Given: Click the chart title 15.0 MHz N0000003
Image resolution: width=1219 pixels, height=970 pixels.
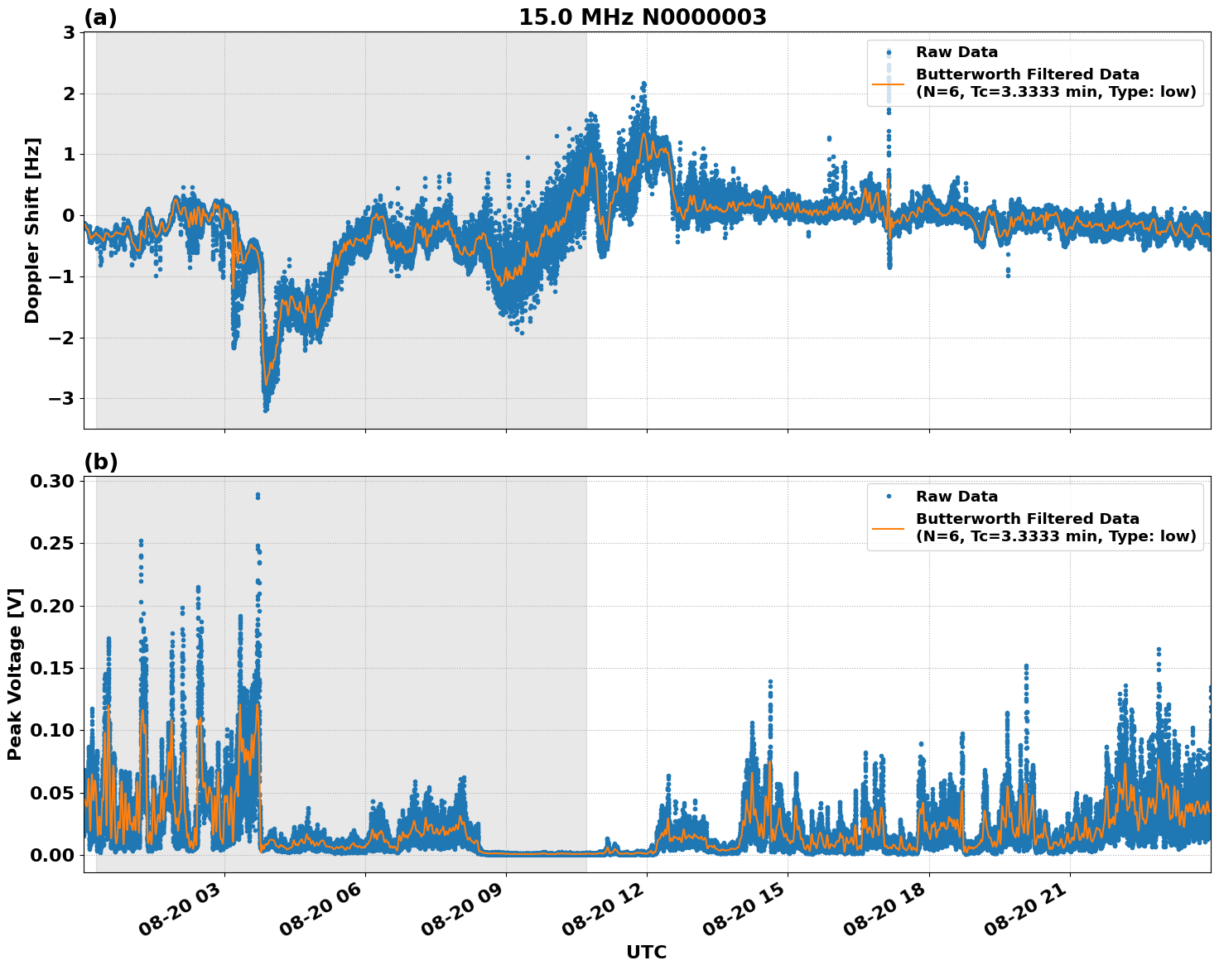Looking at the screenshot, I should pyautogui.click(x=643, y=17).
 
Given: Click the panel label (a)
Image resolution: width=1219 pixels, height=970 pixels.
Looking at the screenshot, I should pyautogui.click(x=101, y=17).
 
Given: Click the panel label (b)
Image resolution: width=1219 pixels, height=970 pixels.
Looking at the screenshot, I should pyautogui.click(x=101, y=462).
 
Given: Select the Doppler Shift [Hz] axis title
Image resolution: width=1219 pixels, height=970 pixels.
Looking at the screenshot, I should pyautogui.click(x=32, y=230).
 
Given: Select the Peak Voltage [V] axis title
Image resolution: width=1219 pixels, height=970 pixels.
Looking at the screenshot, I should pyautogui.click(x=15, y=674).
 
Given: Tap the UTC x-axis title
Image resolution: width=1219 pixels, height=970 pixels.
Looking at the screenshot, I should pyautogui.click(x=646, y=952).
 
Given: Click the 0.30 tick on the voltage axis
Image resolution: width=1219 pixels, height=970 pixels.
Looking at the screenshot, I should pyautogui.click(x=55, y=482).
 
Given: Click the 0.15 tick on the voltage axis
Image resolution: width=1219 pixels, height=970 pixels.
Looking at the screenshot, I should pyautogui.click(x=55, y=668).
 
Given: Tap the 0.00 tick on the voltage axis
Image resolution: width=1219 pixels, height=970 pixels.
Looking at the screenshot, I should pyautogui.click(x=55, y=855).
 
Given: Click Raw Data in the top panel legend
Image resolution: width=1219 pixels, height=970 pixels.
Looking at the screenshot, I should pyautogui.click(x=956, y=52).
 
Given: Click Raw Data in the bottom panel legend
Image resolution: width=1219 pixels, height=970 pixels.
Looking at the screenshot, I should pyautogui.click(x=956, y=497).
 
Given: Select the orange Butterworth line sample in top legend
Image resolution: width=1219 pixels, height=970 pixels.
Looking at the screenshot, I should pyautogui.click(x=889, y=84).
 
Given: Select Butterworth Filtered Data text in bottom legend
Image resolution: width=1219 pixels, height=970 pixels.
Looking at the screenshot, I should pyautogui.click(x=1027, y=519).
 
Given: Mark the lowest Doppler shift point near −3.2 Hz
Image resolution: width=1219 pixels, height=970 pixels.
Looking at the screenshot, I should pyautogui.click(x=266, y=410).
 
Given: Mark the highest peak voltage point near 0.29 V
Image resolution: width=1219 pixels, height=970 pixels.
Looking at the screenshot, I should pyautogui.click(x=258, y=495).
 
